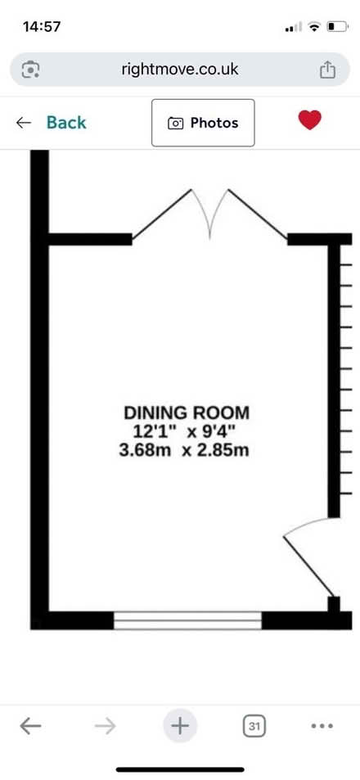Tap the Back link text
click(66, 123)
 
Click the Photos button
click(203, 123)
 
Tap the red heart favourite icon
click(310, 120)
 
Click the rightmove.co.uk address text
click(180, 69)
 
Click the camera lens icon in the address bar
click(31, 69)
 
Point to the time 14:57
click(41, 26)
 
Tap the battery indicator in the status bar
click(337, 27)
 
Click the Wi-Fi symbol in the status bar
click(314, 27)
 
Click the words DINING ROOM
click(187, 413)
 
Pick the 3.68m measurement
click(145, 451)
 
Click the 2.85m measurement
click(223, 451)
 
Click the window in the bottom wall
click(187, 620)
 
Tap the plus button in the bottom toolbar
click(180, 726)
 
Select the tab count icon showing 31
click(254, 726)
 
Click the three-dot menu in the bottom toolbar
click(322, 726)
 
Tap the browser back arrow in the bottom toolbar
click(30, 726)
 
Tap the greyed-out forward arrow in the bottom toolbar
click(106, 726)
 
